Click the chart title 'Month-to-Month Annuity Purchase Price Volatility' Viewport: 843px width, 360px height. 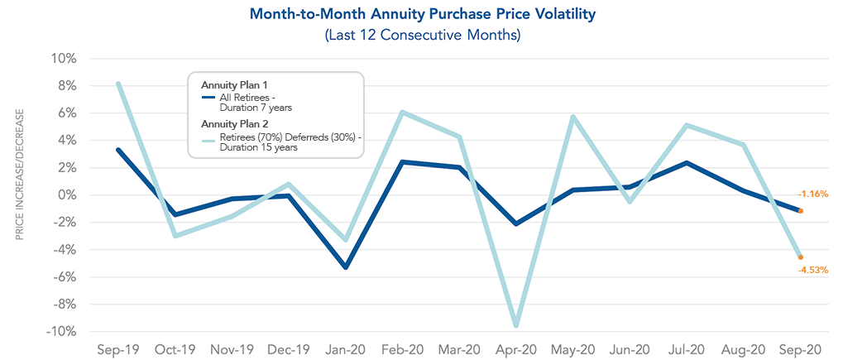422,14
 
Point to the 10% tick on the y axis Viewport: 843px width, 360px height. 65,59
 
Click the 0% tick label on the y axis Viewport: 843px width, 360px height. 68,195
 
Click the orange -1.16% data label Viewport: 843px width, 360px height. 813,194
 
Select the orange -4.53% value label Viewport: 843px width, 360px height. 813,270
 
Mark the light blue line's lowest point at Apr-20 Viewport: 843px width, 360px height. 515,325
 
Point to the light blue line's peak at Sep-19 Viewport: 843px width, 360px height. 118,84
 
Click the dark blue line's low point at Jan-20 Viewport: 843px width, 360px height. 345,267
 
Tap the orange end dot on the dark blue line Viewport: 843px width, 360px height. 800,211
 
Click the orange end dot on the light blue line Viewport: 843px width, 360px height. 800,257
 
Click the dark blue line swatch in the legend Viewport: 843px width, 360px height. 208,98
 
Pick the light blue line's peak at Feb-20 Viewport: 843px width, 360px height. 402,113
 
